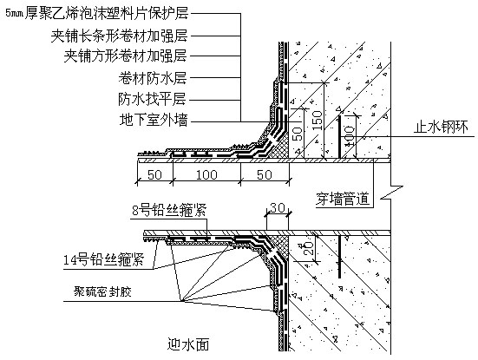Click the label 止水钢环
point(441,127)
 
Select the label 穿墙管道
point(343,199)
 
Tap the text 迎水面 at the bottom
point(188,344)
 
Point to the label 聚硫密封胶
point(102,291)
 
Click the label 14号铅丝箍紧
point(103,259)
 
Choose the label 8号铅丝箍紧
point(169,210)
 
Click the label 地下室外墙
point(154,120)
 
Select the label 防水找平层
point(152,99)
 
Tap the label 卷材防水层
point(153,78)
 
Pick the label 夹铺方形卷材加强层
point(125,56)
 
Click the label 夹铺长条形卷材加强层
point(119,36)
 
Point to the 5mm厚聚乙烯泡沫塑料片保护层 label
point(97,13)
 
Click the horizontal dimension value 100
point(206,175)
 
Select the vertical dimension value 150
point(317,120)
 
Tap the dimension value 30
point(277,208)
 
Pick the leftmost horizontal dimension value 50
point(154,175)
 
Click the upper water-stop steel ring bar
point(339,136)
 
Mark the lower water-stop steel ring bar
point(339,257)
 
